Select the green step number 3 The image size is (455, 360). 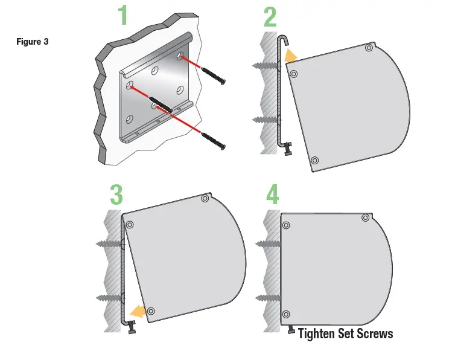116,194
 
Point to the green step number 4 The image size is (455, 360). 273,194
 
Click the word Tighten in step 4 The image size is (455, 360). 317,333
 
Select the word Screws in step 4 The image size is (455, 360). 374,333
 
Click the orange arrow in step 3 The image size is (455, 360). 139,312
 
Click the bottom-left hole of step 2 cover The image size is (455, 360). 314,160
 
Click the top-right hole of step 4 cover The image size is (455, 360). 364,217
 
